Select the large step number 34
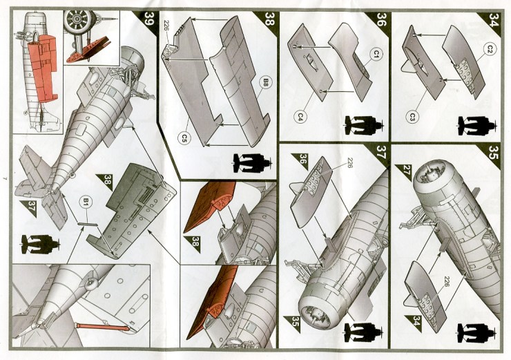pos(493,19)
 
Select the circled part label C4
pos(300,117)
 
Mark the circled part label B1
pos(86,202)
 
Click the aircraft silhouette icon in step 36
pos(364,125)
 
